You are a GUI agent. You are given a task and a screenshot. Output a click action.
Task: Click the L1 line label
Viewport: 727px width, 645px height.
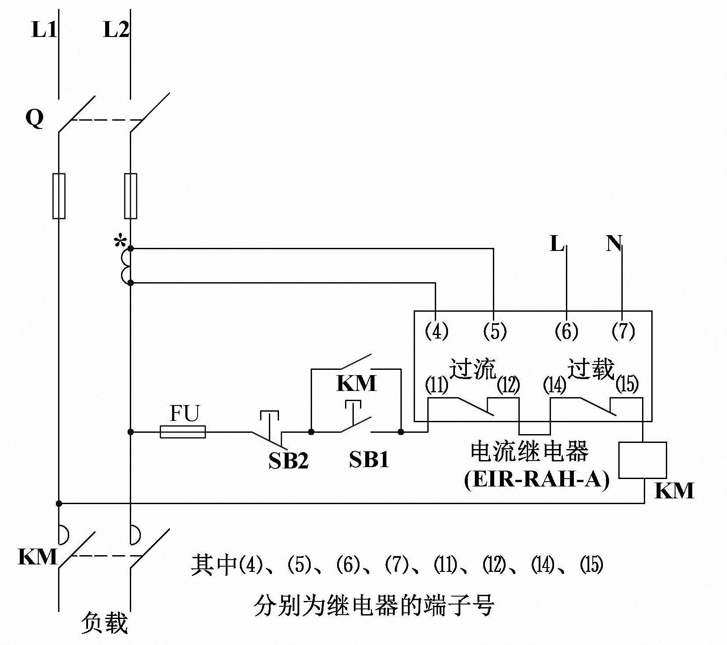[x=44, y=29]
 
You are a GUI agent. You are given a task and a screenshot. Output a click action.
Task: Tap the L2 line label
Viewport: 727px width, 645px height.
[x=116, y=29]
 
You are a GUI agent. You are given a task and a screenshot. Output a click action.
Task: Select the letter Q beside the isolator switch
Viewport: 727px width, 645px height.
[x=35, y=118]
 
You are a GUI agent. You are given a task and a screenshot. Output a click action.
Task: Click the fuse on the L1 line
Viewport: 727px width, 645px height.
[x=59, y=196]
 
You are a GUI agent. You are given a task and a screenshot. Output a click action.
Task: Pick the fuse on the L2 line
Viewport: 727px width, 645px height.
[x=131, y=196]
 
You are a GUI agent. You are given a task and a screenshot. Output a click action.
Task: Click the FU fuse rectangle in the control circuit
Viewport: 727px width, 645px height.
[x=183, y=432]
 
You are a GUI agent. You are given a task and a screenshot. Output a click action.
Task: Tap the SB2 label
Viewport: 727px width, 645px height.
[x=289, y=461]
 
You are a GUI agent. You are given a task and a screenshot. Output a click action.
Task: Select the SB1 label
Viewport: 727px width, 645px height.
[x=369, y=460]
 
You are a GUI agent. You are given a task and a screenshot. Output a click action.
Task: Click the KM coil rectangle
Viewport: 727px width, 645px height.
[x=643, y=460]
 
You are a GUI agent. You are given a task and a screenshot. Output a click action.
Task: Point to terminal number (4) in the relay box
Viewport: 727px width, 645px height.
[x=436, y=331]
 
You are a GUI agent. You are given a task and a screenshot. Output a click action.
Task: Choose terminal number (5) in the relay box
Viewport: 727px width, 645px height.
[x=495, y=331]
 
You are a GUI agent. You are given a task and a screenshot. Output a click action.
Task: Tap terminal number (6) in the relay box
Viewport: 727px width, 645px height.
[x=566, y=331]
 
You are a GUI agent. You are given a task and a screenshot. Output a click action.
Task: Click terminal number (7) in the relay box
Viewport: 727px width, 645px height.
[x=623, y=331]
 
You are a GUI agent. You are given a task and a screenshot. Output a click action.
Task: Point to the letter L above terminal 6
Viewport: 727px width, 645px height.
[x=557, y=243]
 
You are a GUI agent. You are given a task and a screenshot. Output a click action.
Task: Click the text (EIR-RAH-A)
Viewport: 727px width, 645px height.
[x=537, y=479]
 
